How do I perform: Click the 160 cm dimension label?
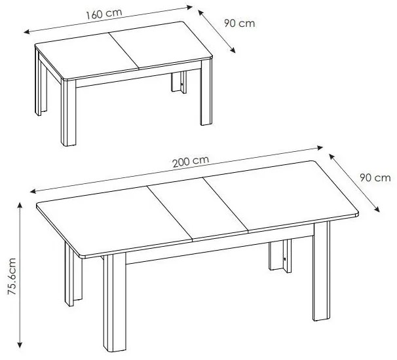[x=104, y=14]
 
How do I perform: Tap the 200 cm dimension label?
[x=191, y=162]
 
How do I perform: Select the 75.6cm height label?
[x=12, y=276]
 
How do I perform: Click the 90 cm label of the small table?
[x=239, y=24]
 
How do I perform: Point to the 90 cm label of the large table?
[x=375, y=178]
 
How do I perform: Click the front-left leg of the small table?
[x=68, y=113]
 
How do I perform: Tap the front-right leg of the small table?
[x=206, y=92]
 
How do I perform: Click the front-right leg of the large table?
[x=322, y=271]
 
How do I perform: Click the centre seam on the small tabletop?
[x=124, y=50]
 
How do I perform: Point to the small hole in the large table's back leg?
[x=285, y=259]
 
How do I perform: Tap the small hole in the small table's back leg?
[x=181, y=84]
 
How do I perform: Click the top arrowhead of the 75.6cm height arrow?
[x=20, y=205]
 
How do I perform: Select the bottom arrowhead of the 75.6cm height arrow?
[x=20, y=345]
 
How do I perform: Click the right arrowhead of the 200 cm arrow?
[x=320, y=147]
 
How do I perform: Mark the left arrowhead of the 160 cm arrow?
[x=27, y=32]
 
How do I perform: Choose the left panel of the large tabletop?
[x=114, y=220]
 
